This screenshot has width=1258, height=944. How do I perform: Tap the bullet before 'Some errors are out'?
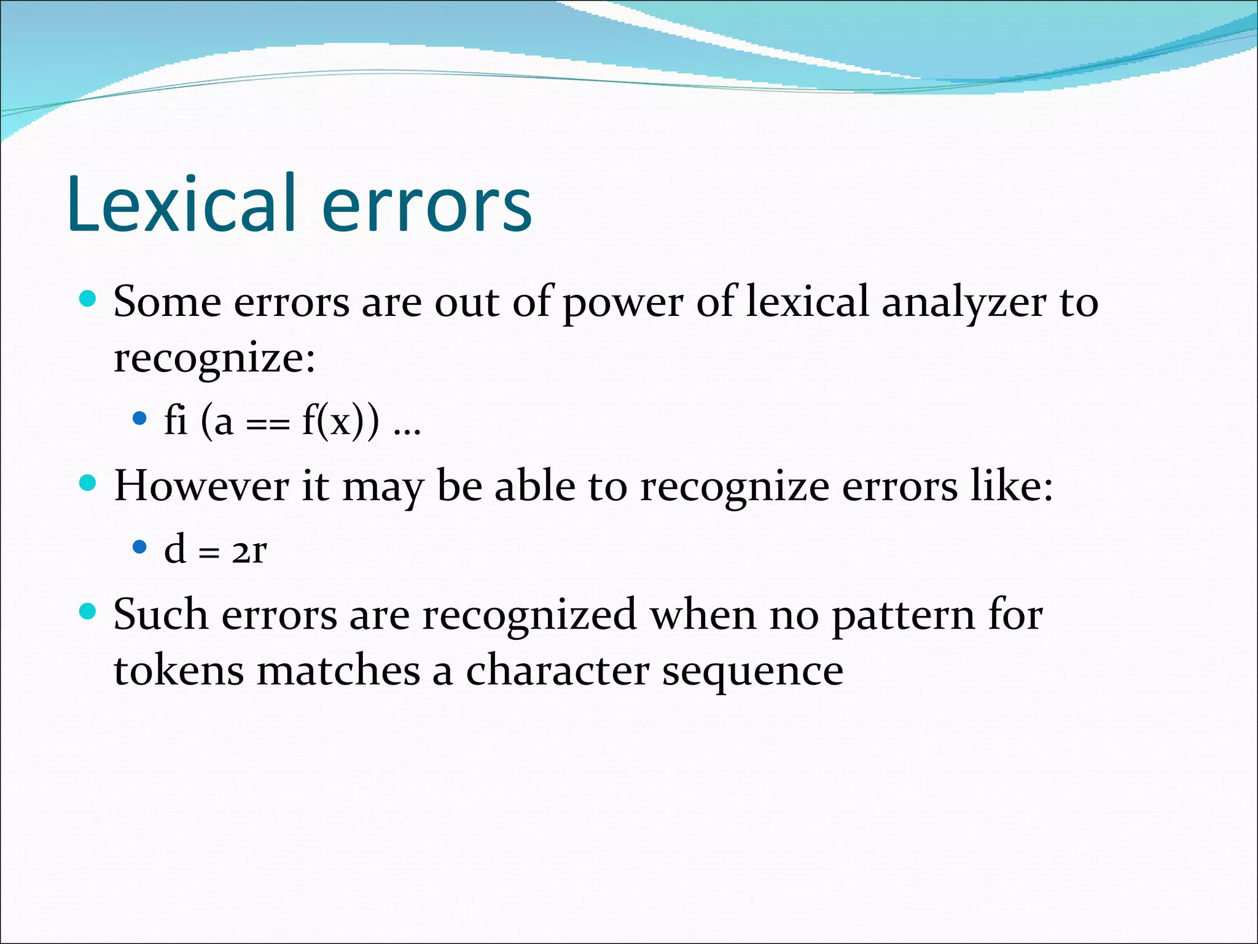click(88, 299)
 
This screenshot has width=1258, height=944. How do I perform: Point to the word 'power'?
click(622, 304)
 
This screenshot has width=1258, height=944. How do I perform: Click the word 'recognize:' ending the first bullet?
click(214, 358)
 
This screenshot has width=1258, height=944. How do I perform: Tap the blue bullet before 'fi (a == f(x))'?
click(140, 419)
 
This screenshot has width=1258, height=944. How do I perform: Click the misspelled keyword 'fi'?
click(176, 422)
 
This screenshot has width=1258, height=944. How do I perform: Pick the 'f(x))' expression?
click(340, 423)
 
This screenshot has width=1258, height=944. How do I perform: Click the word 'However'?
click(201, 486)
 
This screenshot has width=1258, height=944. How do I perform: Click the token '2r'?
click(249, 551)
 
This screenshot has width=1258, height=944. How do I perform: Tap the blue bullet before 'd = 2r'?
click(140, 547)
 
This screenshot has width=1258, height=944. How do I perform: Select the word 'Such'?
click(160, 615)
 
